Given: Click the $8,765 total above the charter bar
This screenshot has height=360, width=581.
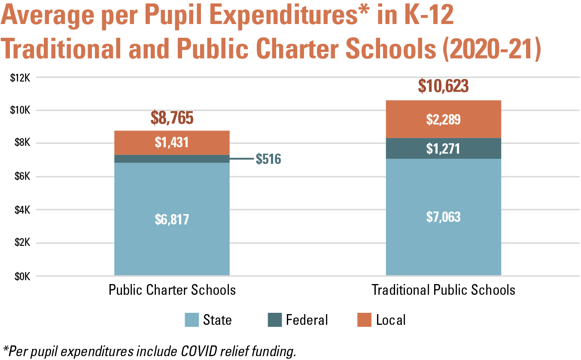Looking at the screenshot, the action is pos(172,118).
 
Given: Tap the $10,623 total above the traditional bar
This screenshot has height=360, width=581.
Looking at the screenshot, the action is pos(443,86).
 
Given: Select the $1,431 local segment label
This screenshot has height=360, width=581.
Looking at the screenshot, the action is pos(172,142).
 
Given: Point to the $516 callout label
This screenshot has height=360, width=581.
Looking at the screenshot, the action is pos(268,159).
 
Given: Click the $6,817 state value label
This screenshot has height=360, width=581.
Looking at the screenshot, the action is pos(172,220).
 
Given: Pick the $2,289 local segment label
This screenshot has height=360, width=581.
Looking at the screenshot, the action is pos(443,120).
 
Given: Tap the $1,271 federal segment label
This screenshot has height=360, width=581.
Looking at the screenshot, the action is pos(443,149).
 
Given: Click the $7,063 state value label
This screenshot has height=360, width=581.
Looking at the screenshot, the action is pos(443,217).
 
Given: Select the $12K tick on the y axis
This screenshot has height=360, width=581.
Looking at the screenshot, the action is pos(20,78).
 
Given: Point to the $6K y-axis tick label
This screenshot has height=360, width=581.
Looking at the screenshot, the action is pos(22,176).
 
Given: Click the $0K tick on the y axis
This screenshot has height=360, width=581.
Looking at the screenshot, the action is pos(22,277).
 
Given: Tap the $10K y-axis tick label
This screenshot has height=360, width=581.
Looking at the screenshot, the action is pos(20,110).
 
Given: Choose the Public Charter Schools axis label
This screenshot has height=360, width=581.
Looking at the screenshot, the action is pos(172,290).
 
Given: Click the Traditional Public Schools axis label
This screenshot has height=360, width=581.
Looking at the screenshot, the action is pos(443,290).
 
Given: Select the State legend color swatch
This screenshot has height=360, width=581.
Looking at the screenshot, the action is pos(192,320).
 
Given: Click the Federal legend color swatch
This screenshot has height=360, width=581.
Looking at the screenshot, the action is pos(275,320).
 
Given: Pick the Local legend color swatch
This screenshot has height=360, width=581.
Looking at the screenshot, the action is pos(364,320).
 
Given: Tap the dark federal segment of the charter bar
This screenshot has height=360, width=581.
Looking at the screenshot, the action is pos(172,159).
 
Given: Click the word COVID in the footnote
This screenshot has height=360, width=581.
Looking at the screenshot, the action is pos(199,351).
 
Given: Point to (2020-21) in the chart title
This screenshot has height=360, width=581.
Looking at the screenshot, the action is pos(492,49).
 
